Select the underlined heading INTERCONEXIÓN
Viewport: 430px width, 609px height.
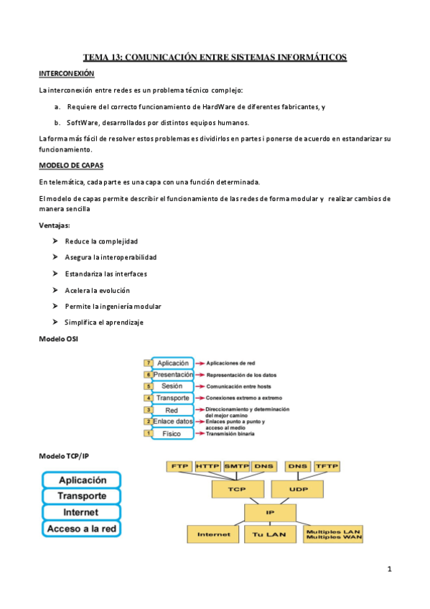point(66,73)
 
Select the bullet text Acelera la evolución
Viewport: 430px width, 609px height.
point(97,290)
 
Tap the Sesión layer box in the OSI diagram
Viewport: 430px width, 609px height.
point(172,386)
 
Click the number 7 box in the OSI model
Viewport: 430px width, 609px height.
point(148,363)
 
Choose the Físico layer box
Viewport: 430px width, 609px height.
point(172,434)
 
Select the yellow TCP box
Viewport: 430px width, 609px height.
point(237,489)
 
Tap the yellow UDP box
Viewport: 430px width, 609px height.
point(298,489)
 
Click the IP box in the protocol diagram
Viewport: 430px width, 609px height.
point(269,512)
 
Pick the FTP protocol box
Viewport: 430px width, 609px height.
point(178,466)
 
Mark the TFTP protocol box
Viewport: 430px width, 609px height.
point(326,466)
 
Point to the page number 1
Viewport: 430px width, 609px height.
point(389,570)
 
